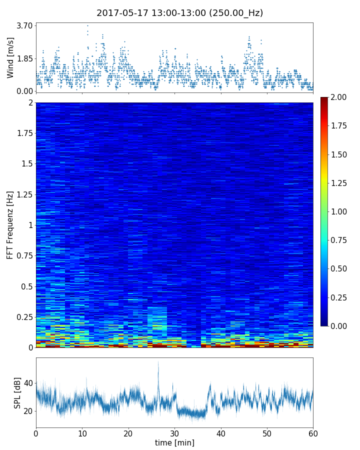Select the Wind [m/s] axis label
click(10, 57)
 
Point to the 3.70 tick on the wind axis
click(24, 25)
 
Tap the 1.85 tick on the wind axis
click(24, 58)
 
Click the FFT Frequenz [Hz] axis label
click(10, 225)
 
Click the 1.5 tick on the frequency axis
click(27, 164)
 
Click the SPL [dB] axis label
click(17, 392)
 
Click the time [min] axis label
click(174, 442)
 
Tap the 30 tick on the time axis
click(174, 432)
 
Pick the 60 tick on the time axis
click(313, 432)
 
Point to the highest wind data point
click(87, 25)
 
